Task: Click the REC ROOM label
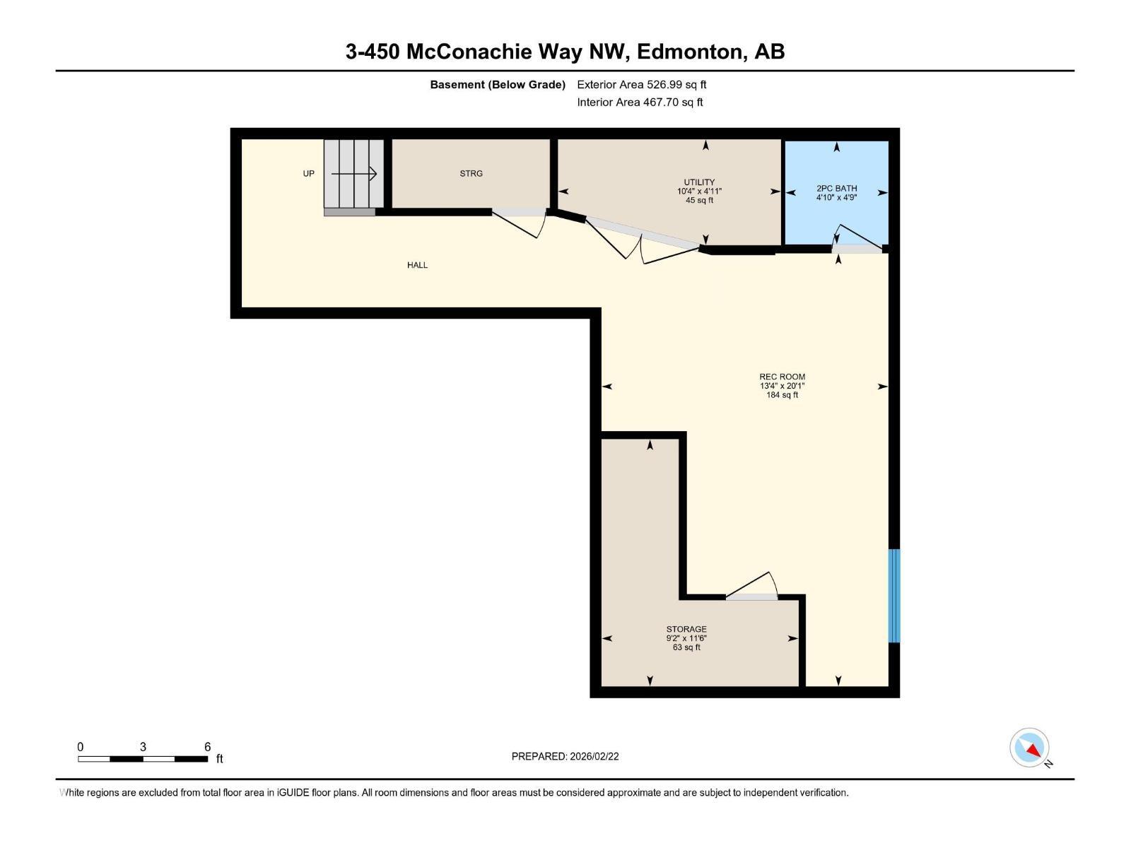coord(782,377)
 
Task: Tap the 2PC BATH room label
coord(836,188)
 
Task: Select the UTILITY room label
coord(699,182)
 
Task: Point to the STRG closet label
coord(471,173)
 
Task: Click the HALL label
coord(417,265)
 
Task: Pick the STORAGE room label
coord(686,629)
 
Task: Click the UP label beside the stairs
coord(308,173)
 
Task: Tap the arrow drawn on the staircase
coord(354,174)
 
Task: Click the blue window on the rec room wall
coord(893,596)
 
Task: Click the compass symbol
coord(1029,748)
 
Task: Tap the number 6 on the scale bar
coord(207,747)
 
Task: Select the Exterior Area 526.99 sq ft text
coord(641,85)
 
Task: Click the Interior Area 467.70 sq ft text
coord(640,102)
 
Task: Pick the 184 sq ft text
coord(782,395)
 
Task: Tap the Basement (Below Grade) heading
coord(498,85)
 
